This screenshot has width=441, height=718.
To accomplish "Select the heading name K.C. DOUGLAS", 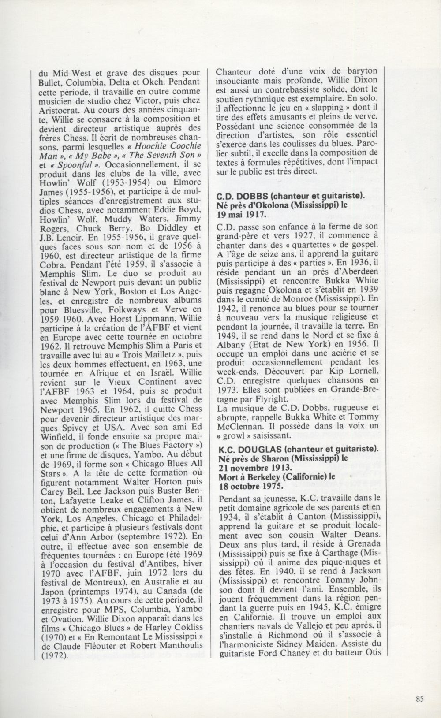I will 249,449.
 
